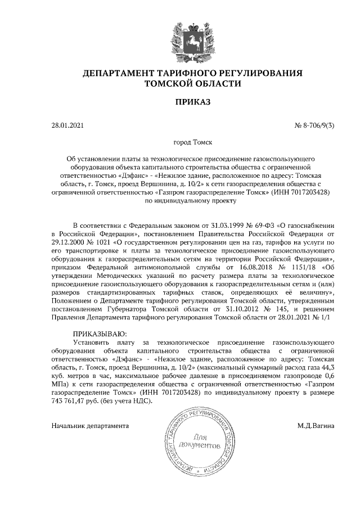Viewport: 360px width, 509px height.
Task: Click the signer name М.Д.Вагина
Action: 316,425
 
